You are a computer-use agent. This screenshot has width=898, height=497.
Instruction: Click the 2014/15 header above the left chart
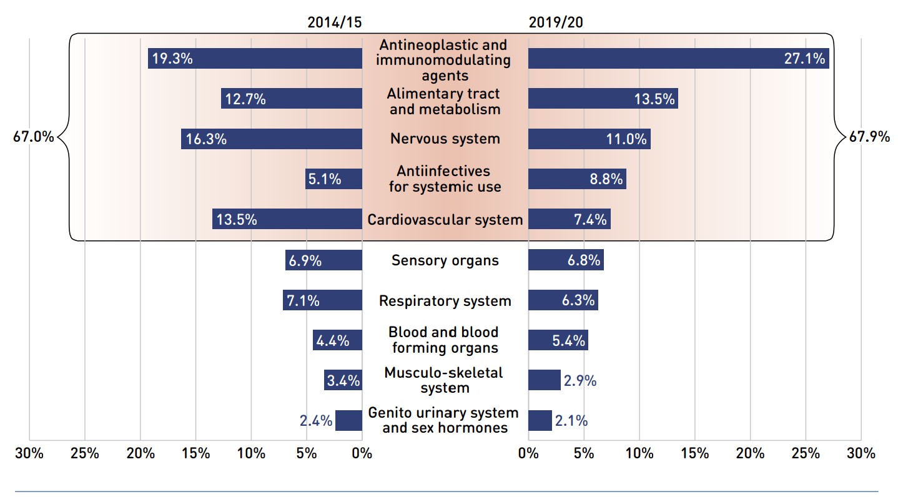coord(334,22)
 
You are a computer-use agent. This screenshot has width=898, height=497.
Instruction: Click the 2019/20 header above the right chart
coord(556,22)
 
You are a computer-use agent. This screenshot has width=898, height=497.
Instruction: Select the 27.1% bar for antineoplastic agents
coord(678,59)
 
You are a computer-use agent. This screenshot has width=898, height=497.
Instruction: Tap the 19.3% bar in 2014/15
coord(255,59)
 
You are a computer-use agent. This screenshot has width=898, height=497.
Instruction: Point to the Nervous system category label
coord(445,139)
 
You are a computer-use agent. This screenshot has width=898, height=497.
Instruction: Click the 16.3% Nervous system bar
coord(271,139)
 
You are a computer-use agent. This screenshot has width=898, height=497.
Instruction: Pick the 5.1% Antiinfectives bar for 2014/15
coord(333,179)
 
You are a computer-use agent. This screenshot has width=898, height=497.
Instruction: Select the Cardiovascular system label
coord(445,220)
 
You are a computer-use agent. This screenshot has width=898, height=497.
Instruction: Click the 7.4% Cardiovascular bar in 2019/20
coord(569,220)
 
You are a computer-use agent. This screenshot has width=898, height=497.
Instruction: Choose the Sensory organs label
coord(445,260)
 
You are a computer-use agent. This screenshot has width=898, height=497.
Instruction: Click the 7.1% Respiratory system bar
coord(322,300)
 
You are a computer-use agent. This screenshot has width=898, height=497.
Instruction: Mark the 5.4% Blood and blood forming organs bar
coord(558,340)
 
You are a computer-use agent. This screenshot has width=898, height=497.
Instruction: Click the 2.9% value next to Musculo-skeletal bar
coord(580,380)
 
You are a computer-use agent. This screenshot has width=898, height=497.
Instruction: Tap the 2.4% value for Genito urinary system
coord(315,421)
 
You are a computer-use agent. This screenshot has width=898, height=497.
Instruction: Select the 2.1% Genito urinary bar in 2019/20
coord(540,421)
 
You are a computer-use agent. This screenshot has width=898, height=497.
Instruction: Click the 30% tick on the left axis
coord(29,454)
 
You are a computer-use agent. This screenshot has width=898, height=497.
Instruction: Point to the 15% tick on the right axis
coord(694,454)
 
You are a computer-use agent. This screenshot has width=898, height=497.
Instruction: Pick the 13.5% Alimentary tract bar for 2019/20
coord(603,99)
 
